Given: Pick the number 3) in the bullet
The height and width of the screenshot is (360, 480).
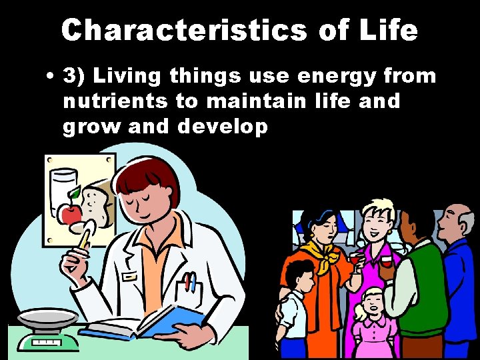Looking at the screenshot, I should pyautogui.click(x=80, y=77).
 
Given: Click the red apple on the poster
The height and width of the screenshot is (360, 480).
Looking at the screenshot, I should pyautogui.click(x=69, y=212).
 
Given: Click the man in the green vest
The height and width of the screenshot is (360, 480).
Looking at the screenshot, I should pyautogui.click(x=416, y=280).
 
